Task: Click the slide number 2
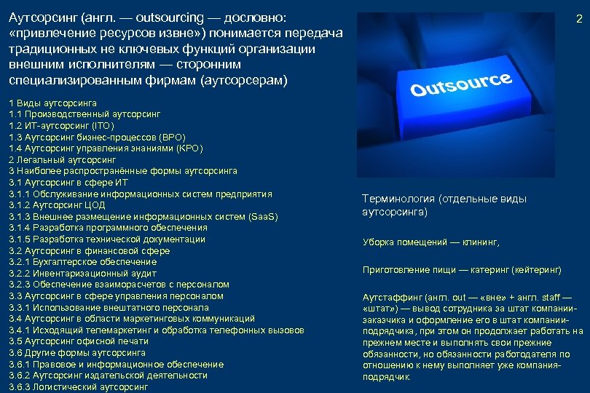point(579,20)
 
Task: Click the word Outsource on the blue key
point(460,84)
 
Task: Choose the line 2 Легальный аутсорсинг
point(63,159)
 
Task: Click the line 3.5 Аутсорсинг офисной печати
point(79,341)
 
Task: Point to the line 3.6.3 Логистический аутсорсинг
point(78,387)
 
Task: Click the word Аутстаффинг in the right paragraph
point(391,297)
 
